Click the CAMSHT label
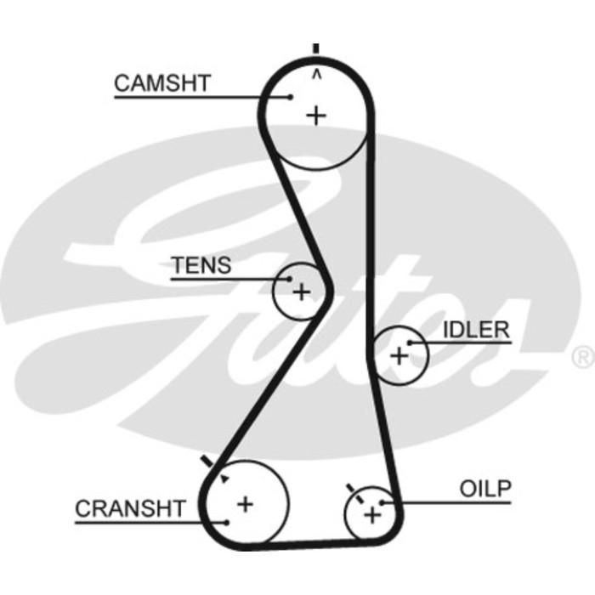pos(161,83)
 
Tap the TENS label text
pos(201,265)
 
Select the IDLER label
pos(475,330)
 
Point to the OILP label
pos(485,489)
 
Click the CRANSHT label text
pos(130,508)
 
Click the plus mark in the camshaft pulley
pos(316,115)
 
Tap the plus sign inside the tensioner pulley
pos(301,292)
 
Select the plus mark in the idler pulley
pos(398,355)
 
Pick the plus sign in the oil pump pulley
pos(371,514)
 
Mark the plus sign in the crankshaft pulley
pos(245,503)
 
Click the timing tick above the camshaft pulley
pos(316,48)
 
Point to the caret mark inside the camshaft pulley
pos(316,75)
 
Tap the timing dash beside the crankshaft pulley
pos(207,462)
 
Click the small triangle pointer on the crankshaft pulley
pos(224,479)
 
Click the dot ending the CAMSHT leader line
pos(291,97)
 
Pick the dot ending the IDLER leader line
pos(410,343)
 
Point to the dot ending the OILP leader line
pos(383,502)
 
